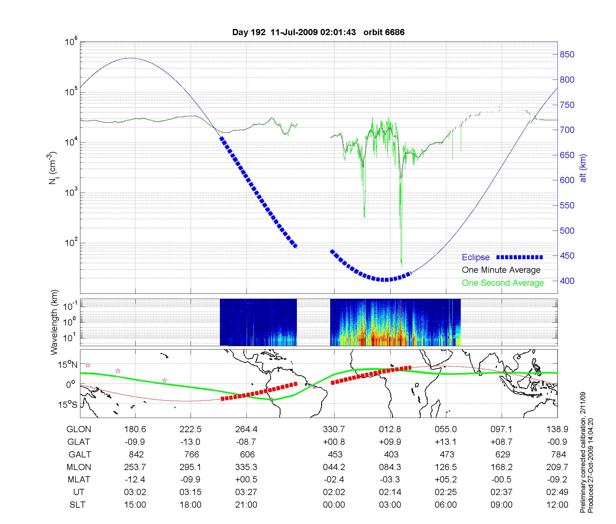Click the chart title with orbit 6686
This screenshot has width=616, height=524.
[x=318, y=32]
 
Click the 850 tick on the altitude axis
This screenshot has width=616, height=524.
[x=567, y=55]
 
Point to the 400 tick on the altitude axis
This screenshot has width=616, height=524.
[x=567, y=281]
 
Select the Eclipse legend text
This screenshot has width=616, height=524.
[x=476, y=257]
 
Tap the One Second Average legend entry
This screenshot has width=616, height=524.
[x=503, y=283]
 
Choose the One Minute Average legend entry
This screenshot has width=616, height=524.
[x=501, y=270]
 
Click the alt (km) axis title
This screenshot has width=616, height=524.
[x=583, y=168]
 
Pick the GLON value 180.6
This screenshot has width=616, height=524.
[x=135, y=429]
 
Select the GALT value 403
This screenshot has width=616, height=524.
[x=391, y=454]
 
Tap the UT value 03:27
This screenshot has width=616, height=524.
[x=246, y=492]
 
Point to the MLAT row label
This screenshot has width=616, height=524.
[x=79, y=480]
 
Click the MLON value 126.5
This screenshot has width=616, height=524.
[x=446, y=467]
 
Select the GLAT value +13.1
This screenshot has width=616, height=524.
[x=446, y=442]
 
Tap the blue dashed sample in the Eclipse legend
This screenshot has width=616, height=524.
[x=520, y=257]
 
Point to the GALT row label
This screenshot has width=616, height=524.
[x=79, y=454]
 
